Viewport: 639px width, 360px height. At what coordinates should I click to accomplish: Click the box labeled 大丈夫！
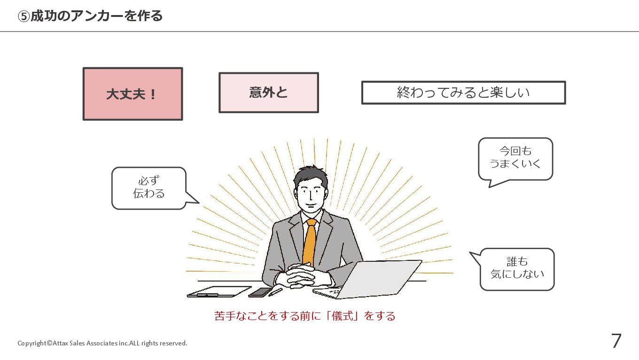(x=132, y=94)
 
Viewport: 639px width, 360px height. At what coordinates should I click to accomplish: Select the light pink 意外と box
(x=268, y=93)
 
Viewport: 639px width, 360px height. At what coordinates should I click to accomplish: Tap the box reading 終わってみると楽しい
(x=463, y=93)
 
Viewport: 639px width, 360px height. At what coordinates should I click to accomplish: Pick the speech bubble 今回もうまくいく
(x=515, y=158)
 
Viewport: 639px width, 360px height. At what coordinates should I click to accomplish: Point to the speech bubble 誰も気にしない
(x=517, y=269)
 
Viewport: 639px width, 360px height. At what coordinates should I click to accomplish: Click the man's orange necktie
(x=309, y=242)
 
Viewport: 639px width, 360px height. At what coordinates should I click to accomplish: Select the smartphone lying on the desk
(x=260, y=292)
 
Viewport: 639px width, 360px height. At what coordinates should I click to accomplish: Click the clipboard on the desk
(x=218, y=292)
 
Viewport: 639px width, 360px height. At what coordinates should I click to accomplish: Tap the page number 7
(x=616, y=341)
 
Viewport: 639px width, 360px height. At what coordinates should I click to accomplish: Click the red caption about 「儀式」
(x=304, y=316)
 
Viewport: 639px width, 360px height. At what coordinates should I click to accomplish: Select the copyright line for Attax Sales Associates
(x=102, y=343)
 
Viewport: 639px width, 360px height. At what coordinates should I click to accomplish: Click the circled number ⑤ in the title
(x=24, y=16)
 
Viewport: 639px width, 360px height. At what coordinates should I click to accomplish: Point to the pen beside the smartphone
(x=276, y=292)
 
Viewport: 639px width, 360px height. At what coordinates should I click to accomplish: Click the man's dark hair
(x=311, y=173)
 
